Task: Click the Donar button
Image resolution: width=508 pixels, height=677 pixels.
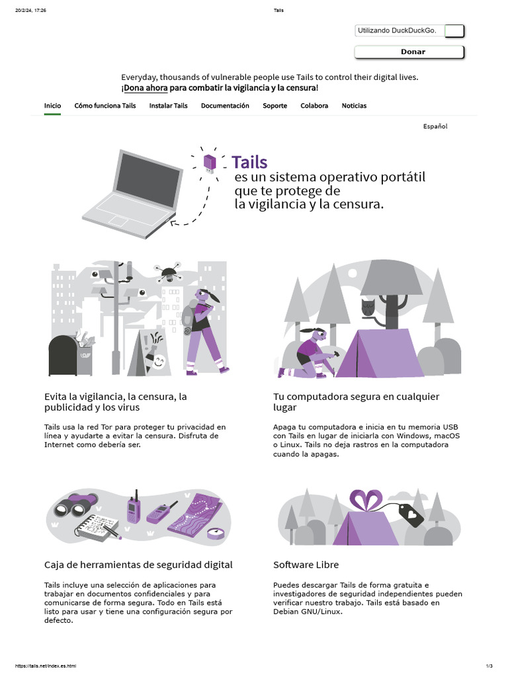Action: click(x=409, y=52)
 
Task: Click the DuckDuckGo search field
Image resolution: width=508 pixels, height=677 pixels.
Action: click(x=400, y=30)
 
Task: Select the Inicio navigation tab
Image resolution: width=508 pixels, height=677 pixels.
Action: click(x=52, y=106)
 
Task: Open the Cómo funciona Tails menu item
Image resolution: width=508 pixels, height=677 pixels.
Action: click(x=105, y=106)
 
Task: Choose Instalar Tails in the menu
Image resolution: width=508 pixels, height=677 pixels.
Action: click(x=169, y=106)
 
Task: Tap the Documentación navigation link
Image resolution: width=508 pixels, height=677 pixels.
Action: click(x=225, y=106)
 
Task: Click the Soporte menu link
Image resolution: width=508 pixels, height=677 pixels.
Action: click(x=275, y=106)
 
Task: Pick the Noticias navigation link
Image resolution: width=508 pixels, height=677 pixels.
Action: click(x=355, y=106)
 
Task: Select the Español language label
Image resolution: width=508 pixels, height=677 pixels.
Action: click(x=435, y=126)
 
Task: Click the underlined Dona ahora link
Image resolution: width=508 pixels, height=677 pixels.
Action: click(x=146, y=88)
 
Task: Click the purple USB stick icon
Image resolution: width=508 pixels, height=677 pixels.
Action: click(x=210, y=163)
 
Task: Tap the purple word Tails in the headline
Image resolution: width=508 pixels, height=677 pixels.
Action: click(x=249, y=163)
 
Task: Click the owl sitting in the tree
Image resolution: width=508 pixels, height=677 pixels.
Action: click(x=368, y=308)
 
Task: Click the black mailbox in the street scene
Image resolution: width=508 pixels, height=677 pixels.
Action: click(x=63, y=356)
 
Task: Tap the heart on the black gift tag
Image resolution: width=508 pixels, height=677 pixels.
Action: click(x=411, y=514)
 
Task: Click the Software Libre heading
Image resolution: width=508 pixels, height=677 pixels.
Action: click(x=306, y=565)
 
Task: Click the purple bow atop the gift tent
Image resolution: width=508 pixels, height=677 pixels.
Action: click(x=366, y=500)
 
